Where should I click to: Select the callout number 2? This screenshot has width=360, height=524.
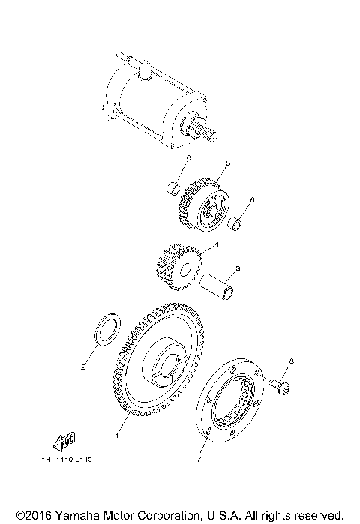[83, 367]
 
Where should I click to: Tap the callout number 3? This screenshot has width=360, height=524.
[237, 268]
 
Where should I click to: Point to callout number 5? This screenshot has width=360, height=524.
[226, 164]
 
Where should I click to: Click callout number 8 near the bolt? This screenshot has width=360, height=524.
[292, 361]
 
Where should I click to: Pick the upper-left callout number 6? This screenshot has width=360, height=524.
[189, 158]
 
